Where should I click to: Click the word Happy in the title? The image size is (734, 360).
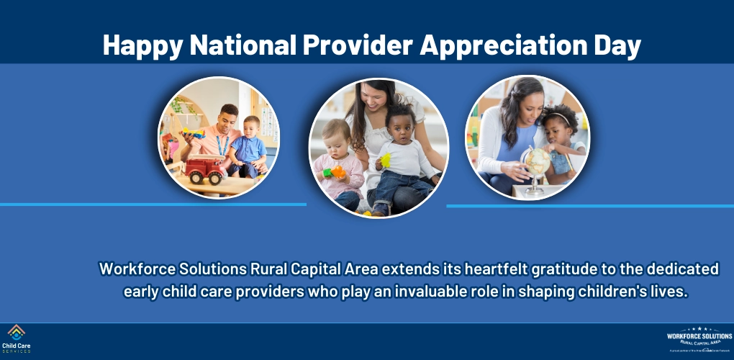(x=141, y=45)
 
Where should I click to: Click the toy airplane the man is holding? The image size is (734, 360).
(x=193, y=132)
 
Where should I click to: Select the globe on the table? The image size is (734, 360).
(x=536, y=162)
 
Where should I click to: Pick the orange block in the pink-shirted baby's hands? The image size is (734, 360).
(x=337, y=173)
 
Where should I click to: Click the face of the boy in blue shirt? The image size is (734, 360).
(x=251, y=127)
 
